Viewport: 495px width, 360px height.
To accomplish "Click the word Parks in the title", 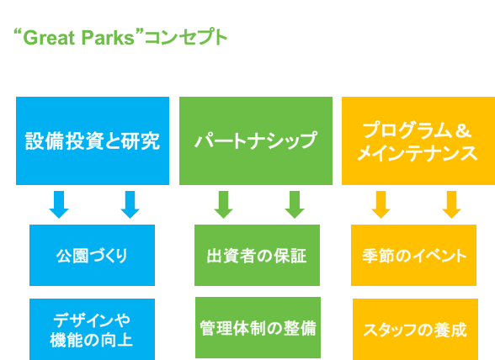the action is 108,38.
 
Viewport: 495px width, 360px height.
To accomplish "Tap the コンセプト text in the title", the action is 186,38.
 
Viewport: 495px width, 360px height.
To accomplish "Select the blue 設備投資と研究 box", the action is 93,140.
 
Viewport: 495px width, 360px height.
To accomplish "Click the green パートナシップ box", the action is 256,140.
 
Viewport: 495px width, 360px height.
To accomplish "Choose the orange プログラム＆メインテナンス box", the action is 418,140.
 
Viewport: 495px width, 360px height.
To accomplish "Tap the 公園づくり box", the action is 93,255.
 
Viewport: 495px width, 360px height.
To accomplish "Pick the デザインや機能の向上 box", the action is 93,330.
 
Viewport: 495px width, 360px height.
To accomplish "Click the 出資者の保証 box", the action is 257,255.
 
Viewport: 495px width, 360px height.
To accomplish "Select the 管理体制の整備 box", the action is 258,327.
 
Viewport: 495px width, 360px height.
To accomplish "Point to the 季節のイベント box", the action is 413,255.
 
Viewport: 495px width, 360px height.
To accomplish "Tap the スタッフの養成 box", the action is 415,330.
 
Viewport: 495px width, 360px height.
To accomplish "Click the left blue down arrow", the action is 59,204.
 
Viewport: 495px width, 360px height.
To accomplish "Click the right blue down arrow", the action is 130,204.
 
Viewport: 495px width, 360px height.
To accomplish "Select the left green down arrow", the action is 224,204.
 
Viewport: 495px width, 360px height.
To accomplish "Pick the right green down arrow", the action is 295,204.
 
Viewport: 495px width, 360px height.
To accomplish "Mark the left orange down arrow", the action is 381,204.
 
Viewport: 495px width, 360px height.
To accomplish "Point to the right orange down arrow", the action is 452,204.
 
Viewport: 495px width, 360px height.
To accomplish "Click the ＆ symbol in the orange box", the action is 463,130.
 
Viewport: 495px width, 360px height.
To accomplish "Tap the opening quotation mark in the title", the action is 18,33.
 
